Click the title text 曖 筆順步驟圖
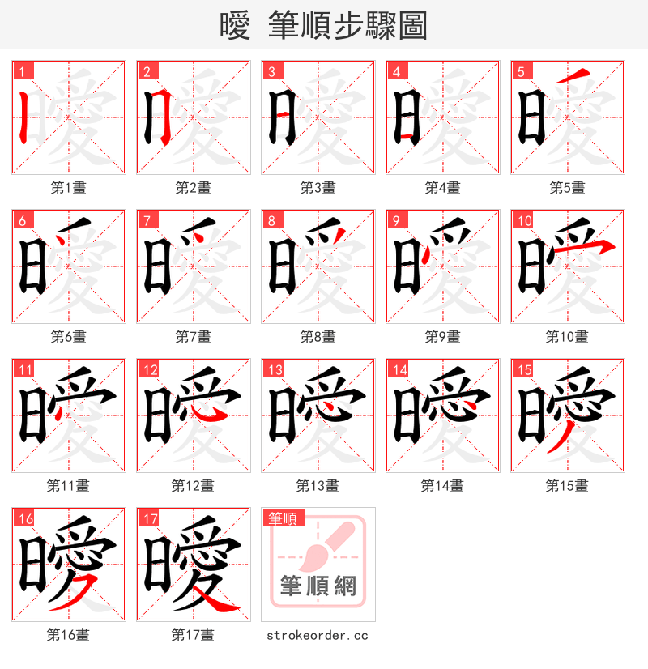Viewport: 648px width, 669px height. point(323,26)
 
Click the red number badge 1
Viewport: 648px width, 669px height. point(21,71)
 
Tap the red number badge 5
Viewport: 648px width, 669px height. point(520,71)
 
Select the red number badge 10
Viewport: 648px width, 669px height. point(524,220)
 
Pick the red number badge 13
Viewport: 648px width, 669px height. point(275,369)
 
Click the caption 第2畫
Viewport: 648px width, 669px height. point(193,188)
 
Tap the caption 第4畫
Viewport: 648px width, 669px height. point(442,188)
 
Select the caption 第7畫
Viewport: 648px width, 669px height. point(193,337)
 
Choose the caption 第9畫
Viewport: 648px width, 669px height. point(442,337)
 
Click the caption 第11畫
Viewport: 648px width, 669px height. point(68,486)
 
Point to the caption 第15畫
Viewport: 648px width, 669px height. point(567,486)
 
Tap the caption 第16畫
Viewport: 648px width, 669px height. point(68,635)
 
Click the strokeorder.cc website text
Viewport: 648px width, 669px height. point(318,635)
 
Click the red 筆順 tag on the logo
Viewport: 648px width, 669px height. point(283,518)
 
